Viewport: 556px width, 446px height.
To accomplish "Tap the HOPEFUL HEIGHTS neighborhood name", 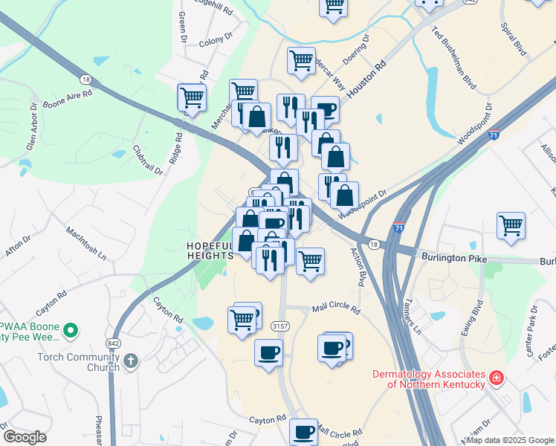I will coord(210,251).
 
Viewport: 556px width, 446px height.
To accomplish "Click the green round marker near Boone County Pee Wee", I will coord(70,329).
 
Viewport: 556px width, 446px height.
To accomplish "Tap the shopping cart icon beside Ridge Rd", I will coord(192,97).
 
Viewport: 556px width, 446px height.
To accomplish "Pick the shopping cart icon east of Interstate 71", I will coord(511,224).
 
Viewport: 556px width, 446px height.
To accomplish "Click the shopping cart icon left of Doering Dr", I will coord(301,59).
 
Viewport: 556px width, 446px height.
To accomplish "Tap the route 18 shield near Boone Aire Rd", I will coord(86,80).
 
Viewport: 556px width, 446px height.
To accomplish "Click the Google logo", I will coord(25,437).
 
